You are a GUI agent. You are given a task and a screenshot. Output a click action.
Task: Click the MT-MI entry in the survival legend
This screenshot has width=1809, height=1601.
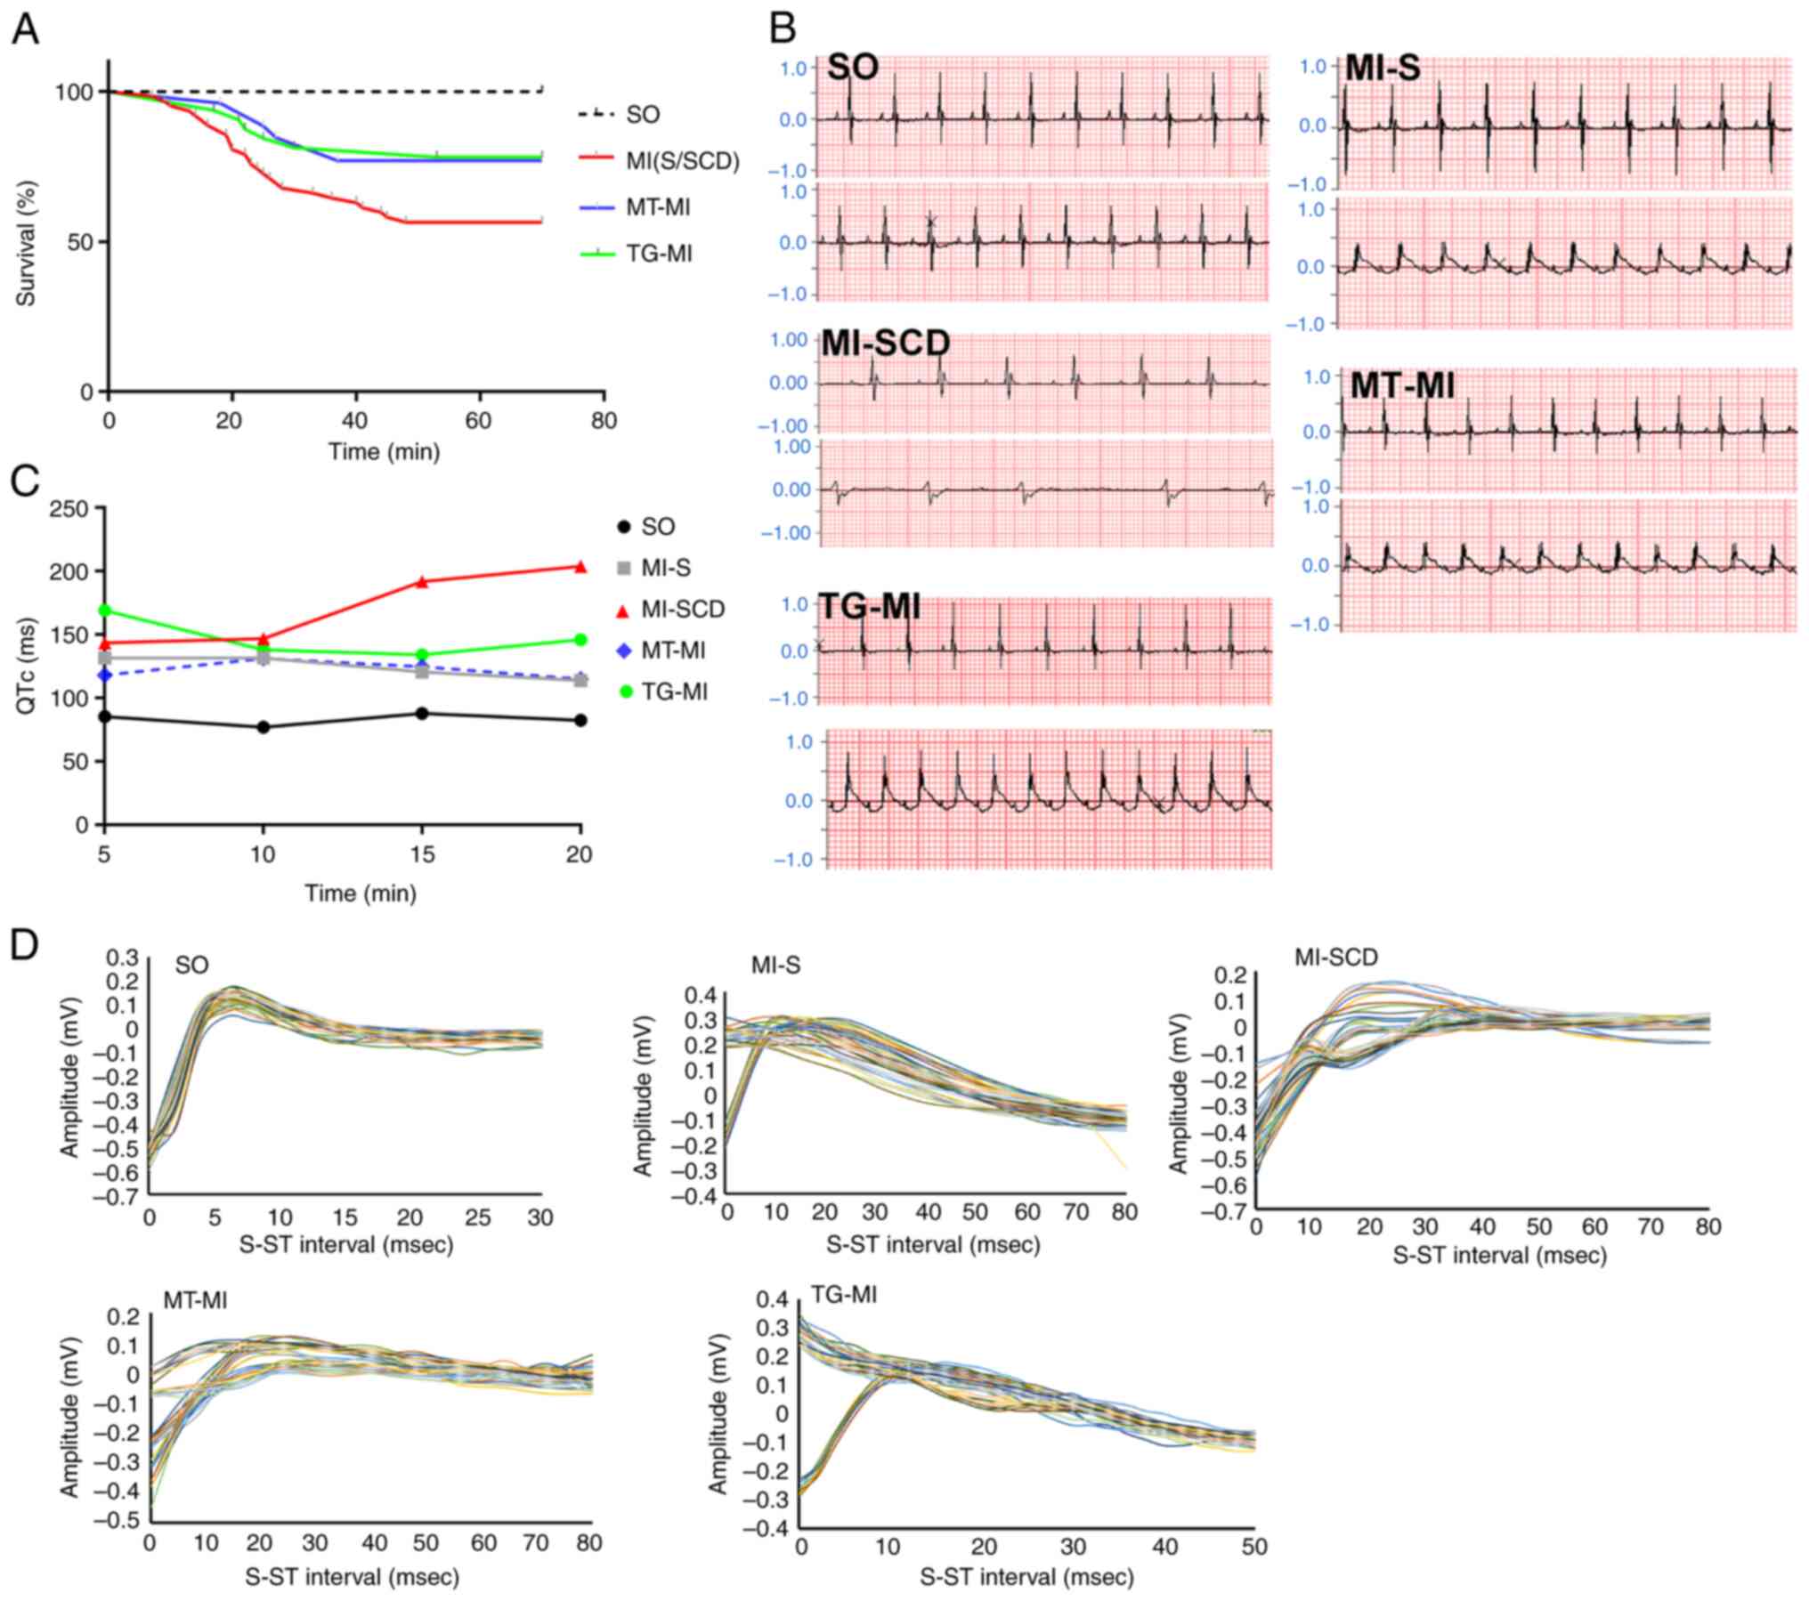click(x=658, y=207)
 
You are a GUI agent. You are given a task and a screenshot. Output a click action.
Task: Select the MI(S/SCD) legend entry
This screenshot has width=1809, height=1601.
click(x=682, y=161)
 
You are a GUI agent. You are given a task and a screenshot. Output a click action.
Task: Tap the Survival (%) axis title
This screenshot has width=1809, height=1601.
click(x=26, y=243)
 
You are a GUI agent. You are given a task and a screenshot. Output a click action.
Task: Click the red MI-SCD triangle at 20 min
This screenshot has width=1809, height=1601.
click(x=580, y=567)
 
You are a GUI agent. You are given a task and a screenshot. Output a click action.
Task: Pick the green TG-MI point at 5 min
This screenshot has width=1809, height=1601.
click(x=105, y=610)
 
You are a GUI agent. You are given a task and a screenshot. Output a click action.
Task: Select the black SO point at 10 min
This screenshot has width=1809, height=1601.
click(x=264, y=727)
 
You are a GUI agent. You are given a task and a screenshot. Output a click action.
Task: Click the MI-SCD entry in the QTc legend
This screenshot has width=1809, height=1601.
click(x=683, y=610)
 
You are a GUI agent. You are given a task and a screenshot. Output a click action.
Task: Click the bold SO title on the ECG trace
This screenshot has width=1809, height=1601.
click(x=853, y=68)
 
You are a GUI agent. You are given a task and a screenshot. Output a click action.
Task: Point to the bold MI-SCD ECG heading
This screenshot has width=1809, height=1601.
click(x=885, y=344)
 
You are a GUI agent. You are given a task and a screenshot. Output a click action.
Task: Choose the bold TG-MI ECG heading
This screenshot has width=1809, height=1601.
click(x=869, y=607)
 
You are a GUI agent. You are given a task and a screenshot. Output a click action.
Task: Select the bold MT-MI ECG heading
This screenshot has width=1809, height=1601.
click(x=1402, y=385)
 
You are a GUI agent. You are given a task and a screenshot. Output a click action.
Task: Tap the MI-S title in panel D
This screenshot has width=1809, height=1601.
click(x=775, y=966)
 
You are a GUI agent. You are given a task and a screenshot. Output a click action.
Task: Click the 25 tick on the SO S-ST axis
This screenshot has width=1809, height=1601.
click(x=478, y=1217)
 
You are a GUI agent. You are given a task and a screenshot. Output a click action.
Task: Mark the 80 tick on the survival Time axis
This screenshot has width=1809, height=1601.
click(x=604, y=420)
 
